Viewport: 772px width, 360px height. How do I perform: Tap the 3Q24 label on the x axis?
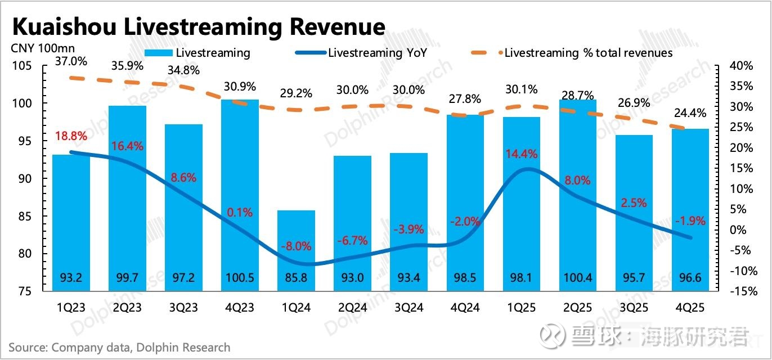point(408,308)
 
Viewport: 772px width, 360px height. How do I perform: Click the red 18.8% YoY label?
point(71,136)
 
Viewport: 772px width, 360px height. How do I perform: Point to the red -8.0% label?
point(296,246)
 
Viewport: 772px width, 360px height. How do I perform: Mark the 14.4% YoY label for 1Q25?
point(521,154)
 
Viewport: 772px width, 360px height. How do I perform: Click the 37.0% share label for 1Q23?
point(71,60)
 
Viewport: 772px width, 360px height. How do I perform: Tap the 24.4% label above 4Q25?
point(690,113)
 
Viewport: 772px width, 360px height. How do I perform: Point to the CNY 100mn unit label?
point(43,48)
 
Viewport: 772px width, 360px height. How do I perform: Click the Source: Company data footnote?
point(119,348)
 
